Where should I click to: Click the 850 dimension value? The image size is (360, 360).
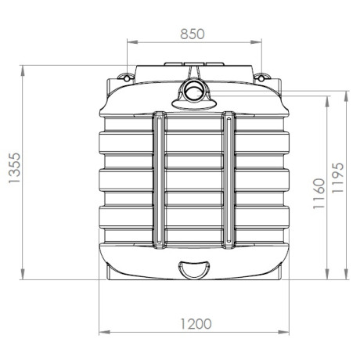click(x=193, y=34)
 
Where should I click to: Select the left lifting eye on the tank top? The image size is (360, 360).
click(x=124, y=76)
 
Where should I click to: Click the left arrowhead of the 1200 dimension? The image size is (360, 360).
click(x=100, y=333)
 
